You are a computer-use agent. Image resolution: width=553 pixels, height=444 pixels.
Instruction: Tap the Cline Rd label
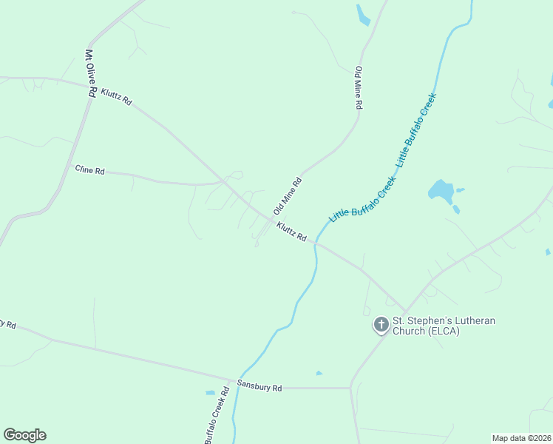[x=90, y=170]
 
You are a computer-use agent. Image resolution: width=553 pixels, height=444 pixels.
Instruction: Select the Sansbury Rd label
[x=259, y=386]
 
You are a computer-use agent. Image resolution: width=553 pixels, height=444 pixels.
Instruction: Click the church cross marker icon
[x=381, y=324]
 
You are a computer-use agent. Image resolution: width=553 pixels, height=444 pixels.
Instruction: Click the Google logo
[x=25, y=435]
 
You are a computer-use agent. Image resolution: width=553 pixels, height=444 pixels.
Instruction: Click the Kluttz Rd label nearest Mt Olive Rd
[x=117, y=96]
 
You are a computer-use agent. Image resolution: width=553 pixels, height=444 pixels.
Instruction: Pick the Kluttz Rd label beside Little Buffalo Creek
[x=292, y=231]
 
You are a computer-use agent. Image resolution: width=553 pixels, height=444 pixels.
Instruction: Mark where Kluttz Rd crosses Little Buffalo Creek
[x=316, y=242]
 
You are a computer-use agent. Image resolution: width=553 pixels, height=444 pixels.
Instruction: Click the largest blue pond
[x=441, y=191]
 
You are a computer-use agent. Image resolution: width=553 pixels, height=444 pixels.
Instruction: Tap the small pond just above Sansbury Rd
[x=319, y=373]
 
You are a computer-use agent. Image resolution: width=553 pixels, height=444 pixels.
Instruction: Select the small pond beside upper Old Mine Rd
[x=362, y=15]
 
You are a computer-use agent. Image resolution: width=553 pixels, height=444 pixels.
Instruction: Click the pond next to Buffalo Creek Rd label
[x=211, y=392]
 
